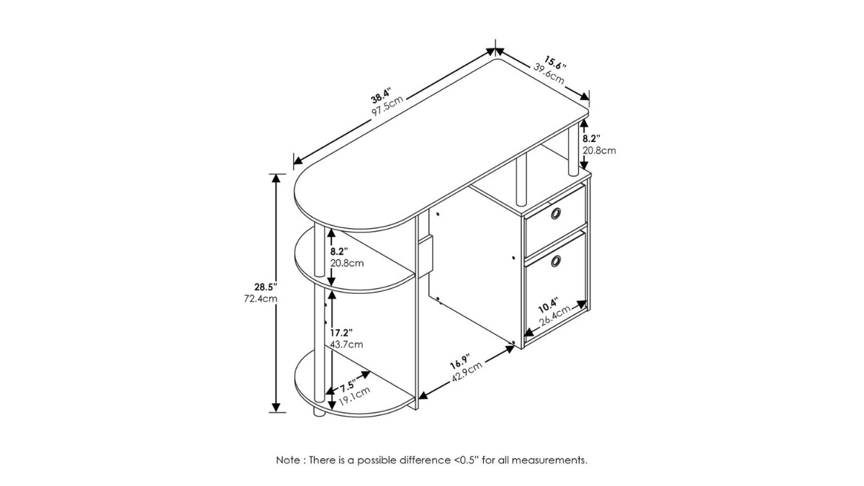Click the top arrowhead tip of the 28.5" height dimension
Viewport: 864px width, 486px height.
pos(276,174)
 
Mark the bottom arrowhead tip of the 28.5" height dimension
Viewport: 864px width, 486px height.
pos(276,412)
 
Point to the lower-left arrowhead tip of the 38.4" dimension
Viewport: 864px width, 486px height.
pos(294,163)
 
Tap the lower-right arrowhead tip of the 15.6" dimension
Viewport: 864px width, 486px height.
pos(589,100)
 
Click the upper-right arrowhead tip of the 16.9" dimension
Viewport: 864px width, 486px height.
pos(516,346)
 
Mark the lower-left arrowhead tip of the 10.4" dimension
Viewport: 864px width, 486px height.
pos(525,335)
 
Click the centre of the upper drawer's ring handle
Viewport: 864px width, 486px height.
pos(556,213)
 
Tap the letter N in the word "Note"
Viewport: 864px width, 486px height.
pos(279,460)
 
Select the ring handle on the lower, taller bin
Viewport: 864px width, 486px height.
pos(556,261)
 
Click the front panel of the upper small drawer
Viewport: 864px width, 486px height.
pos(555,221)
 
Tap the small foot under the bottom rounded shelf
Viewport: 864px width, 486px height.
pos(320,413)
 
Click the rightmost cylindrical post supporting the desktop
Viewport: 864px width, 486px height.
pos(573,150)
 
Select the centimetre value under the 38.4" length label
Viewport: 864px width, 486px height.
pos(387,106)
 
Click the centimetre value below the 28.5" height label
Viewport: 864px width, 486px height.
pos(261,299)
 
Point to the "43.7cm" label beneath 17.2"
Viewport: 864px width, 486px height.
pos(346,344)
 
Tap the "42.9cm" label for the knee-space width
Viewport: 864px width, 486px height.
pos(467,373)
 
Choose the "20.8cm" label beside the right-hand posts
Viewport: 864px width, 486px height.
pos(599,150)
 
